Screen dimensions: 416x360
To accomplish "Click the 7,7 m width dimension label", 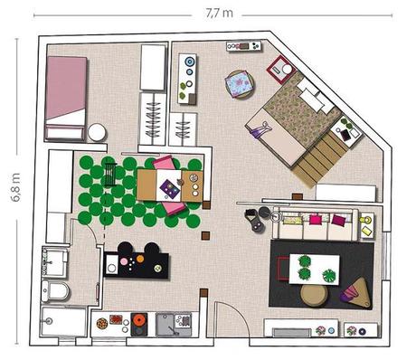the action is coord(219,14).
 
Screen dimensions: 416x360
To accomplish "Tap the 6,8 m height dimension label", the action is coord(15,187).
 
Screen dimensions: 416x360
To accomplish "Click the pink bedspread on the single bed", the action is coord(66,88).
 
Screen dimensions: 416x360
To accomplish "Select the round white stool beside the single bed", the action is coord(97,132).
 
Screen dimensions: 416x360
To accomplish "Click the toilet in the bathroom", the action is coord(55,291).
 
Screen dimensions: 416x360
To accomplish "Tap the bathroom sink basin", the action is coord(54,262).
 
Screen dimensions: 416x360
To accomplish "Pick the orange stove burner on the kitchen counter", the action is coord(139,319).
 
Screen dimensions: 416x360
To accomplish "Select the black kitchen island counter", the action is coord(136,265).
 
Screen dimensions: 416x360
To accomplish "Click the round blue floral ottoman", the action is coord(240,84).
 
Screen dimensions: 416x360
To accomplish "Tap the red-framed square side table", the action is coord(280,70).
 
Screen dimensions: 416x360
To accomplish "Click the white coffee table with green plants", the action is coord(314,270).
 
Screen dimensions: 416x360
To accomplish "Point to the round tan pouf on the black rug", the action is coord(314,296).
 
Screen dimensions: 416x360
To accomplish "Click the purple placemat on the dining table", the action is coord(170,189).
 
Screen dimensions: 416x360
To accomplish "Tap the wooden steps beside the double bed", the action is coord(319,160).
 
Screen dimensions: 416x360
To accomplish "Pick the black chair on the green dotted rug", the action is coord(110,175).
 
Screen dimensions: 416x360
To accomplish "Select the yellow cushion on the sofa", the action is coord(292,221).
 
